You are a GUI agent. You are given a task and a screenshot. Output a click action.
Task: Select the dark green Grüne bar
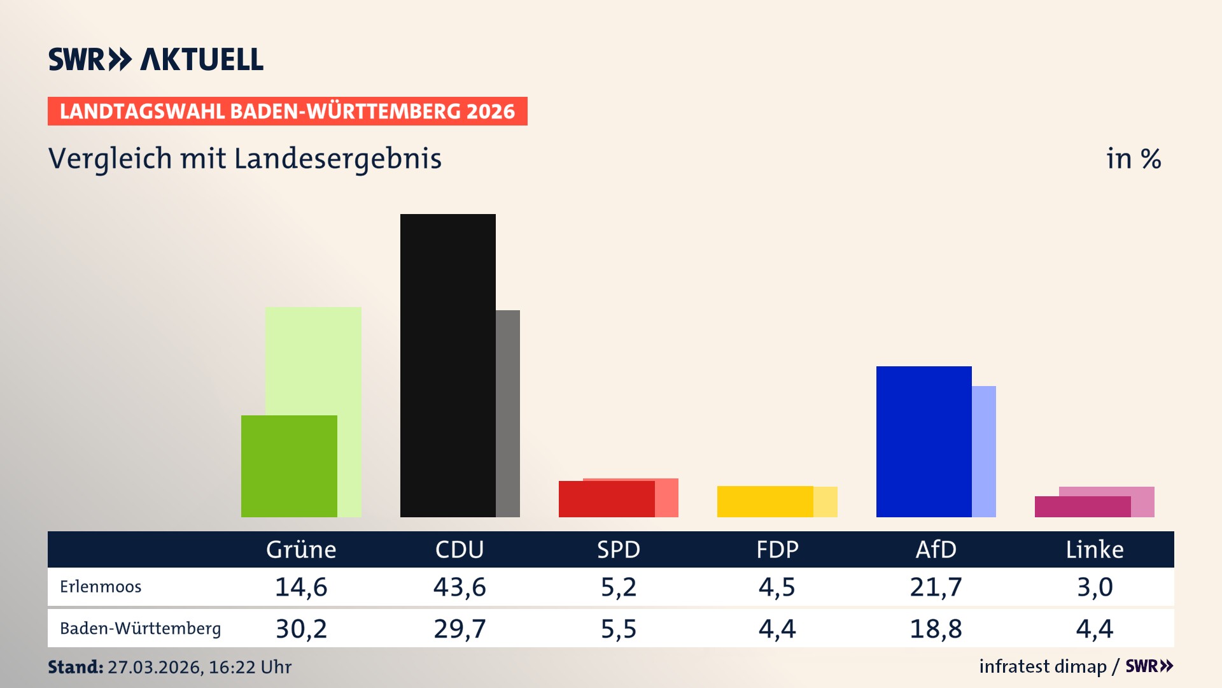289,466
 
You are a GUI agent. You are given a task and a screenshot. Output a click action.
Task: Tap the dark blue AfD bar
924,441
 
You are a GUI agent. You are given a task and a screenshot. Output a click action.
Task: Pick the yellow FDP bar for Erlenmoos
765,501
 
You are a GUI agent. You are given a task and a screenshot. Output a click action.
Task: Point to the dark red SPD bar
607,499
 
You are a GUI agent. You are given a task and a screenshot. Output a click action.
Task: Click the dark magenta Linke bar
1082,507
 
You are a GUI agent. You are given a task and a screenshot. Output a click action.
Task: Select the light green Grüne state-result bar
313,360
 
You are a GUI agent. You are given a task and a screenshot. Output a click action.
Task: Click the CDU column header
460,549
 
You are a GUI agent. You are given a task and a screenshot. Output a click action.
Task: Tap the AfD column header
936,549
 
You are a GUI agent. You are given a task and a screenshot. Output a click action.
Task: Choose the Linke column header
1095,549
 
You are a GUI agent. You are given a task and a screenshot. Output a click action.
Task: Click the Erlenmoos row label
101,587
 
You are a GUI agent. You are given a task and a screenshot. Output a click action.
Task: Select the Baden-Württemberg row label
140,629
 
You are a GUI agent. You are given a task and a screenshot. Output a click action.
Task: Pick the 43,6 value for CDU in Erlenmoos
460,587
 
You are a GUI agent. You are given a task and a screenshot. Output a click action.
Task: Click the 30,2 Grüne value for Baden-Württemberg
301,629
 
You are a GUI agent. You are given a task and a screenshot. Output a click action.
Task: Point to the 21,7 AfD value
936,587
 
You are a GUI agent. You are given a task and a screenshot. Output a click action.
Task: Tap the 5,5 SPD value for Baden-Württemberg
619,629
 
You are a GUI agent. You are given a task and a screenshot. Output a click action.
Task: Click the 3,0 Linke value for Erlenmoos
1095,587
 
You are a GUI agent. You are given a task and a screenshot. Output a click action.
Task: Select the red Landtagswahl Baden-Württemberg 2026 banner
287,111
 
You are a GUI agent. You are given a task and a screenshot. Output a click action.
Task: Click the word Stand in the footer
75,667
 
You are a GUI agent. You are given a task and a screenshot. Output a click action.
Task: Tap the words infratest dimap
1043,666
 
